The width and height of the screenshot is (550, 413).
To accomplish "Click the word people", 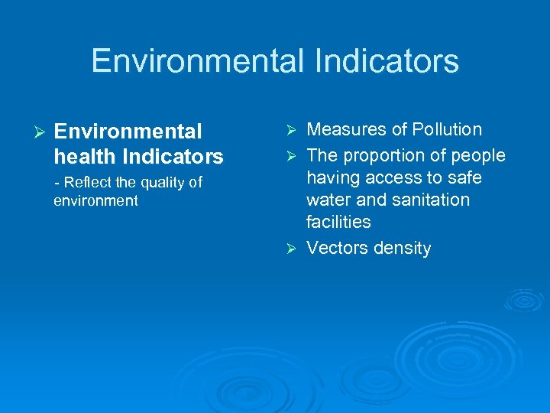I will tap(477, 156).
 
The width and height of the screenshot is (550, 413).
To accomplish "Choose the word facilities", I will tap(338, 223).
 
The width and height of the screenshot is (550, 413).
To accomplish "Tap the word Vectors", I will tap(335, 249).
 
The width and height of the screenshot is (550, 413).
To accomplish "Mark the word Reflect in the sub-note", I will tap(88, 182).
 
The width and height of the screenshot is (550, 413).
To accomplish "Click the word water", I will tap(328, 200).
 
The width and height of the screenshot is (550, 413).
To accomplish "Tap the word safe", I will tap(465, 178).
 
